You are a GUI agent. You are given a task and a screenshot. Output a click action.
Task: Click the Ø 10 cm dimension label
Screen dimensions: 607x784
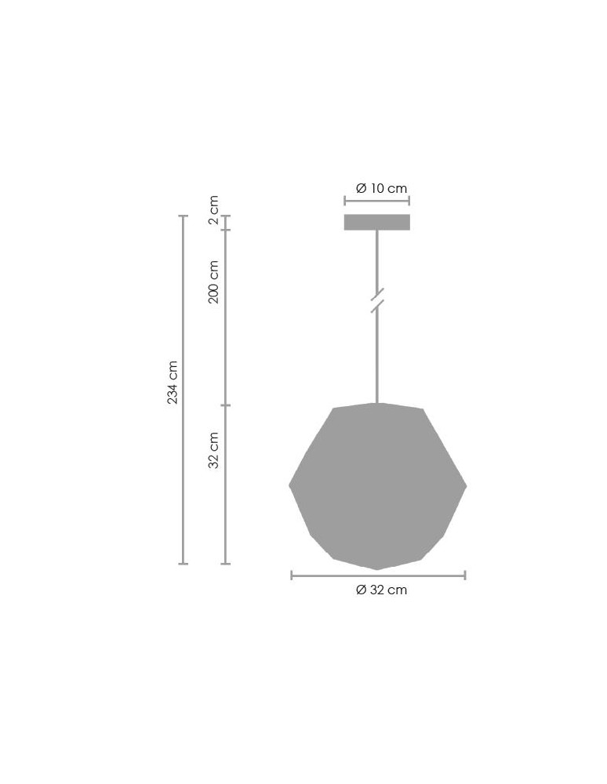[x=381, y=188]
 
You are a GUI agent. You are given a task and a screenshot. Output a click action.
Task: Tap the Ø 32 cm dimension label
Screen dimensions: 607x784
[x=381, y=590]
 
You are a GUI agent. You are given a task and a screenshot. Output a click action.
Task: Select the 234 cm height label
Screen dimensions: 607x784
[x=173, y=382]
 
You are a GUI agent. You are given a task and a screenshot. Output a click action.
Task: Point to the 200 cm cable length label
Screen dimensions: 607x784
[x=213, y=281]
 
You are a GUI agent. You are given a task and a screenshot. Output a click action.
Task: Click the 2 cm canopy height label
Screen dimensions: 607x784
[x=213, y=210]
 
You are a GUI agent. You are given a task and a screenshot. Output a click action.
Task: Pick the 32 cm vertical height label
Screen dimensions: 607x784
[x=213, y=450]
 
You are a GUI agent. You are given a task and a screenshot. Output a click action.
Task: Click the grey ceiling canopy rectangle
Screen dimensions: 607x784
[x=377, y=223]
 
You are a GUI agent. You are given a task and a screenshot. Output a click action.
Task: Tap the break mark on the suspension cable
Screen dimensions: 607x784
[x=377, y=300]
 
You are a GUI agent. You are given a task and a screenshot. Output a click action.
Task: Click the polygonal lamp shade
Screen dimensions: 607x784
[x=377, y=486]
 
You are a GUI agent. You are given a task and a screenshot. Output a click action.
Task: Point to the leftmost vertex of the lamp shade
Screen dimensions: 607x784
[x=289, y=485]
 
